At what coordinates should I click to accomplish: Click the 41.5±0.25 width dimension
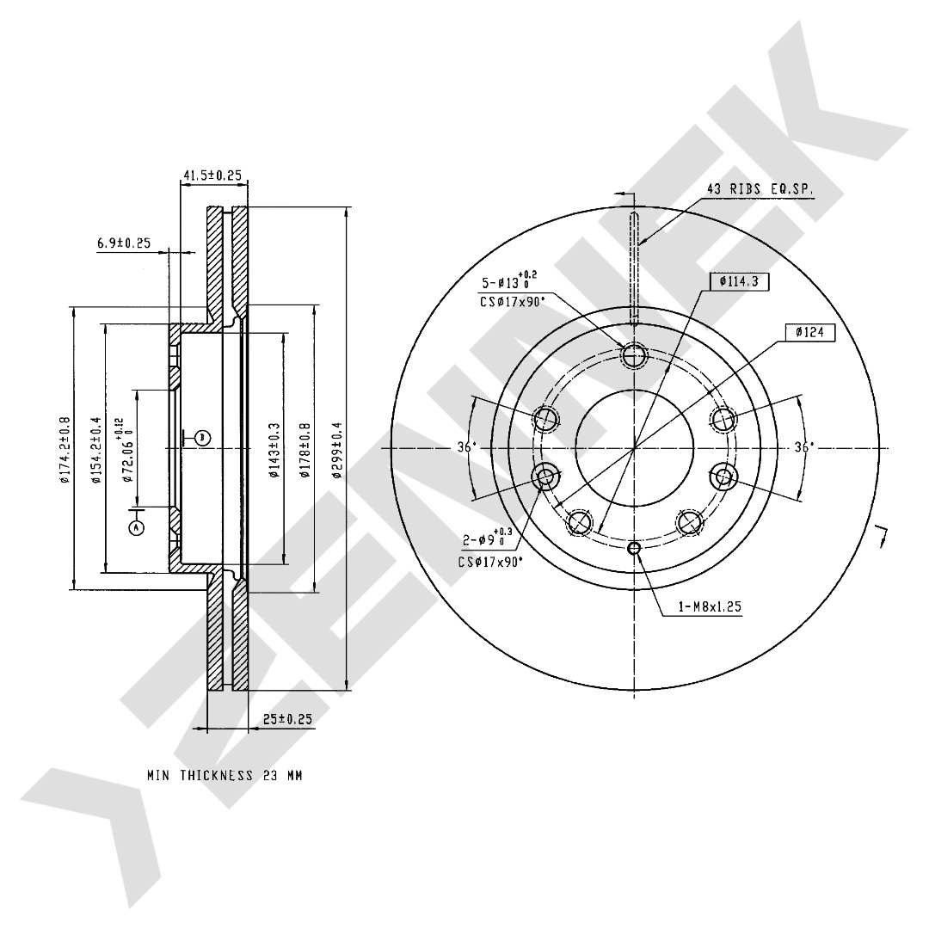(x=212, y=175)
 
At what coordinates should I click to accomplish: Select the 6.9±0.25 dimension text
(x=124, y=243)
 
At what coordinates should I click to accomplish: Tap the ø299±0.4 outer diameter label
(x=338, y=449)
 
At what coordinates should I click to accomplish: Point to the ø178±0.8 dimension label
(x=305, y=450)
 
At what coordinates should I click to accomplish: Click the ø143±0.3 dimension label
(x=274, y=450)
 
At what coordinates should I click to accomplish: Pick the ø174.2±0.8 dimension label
(x=65, y=450)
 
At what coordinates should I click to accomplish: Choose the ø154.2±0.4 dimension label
(x=96, y=450)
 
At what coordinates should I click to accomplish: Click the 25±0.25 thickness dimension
(x=287, y=719)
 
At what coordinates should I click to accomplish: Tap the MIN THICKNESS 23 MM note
(x=225, y=775)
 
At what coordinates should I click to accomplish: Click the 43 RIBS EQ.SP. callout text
(x=760, y=189)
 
